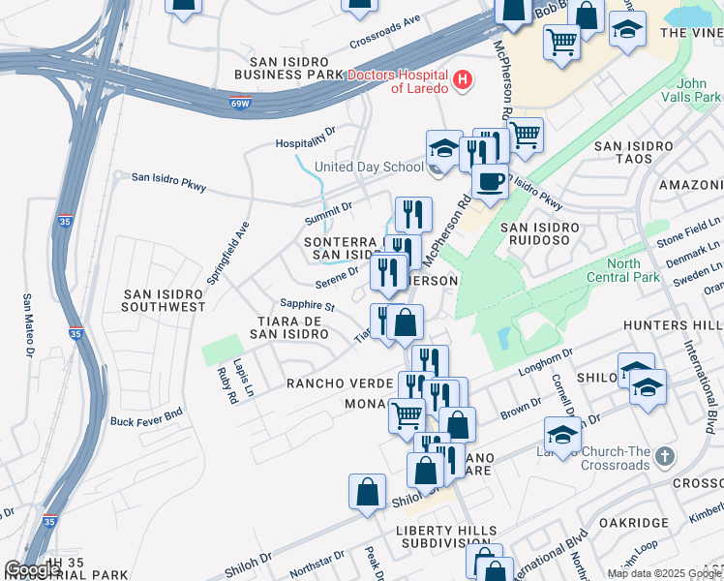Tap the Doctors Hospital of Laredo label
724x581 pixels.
[x=397, y=81]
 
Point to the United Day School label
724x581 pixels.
[x=369, y=167]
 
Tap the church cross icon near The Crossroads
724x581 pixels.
[x=663, y=455]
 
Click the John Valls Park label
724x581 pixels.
[x=691, y=91]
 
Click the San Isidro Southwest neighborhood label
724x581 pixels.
[x=165, y=299]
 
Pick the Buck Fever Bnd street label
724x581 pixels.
[x=146, y=421]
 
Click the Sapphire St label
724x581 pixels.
[x=307, y=307]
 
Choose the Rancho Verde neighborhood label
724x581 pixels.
[x=337, y=382]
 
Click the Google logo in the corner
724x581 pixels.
[x=32, y=569]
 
